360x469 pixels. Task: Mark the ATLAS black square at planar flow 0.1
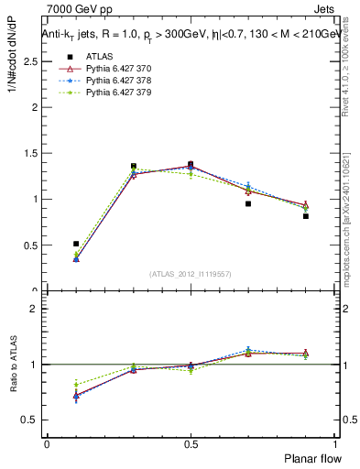pyautogui.click(x=76, y=244)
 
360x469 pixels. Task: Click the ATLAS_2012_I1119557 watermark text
pyautogui.click(x=191, y=274)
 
